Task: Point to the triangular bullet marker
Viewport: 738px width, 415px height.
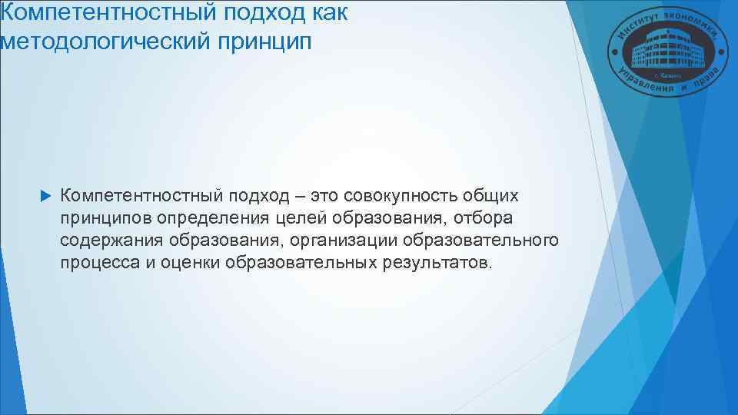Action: [x=42, y=197]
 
